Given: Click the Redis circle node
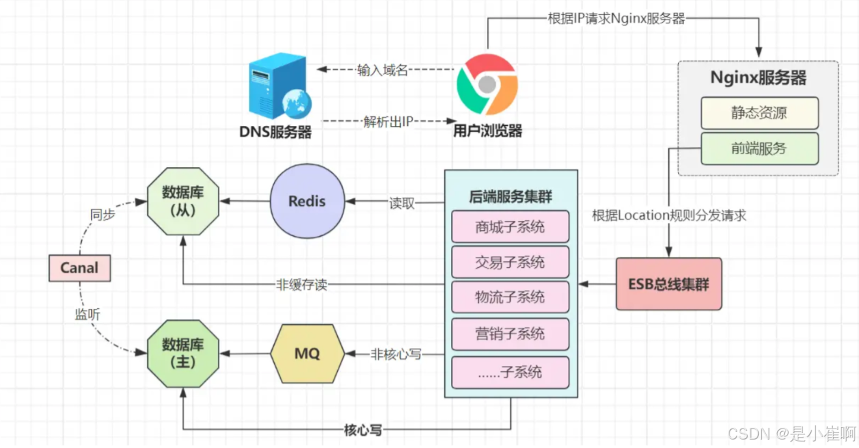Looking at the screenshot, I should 307,201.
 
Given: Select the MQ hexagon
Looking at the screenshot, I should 307,354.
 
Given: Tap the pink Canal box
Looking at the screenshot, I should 79,268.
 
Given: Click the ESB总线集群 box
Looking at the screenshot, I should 669,284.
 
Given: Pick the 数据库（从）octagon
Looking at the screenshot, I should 183,201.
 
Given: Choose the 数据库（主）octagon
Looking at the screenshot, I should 183,354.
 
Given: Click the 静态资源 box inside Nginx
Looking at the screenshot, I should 759,113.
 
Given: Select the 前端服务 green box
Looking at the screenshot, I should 759,148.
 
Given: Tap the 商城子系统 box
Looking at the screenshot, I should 510,227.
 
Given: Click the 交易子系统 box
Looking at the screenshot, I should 510,263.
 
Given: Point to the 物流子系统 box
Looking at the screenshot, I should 510,298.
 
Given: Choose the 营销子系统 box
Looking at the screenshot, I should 510,334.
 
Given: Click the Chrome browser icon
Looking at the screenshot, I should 487,84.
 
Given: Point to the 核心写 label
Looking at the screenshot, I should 362,430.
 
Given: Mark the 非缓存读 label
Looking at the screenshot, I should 301,284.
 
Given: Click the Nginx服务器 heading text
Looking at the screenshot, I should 758,78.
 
